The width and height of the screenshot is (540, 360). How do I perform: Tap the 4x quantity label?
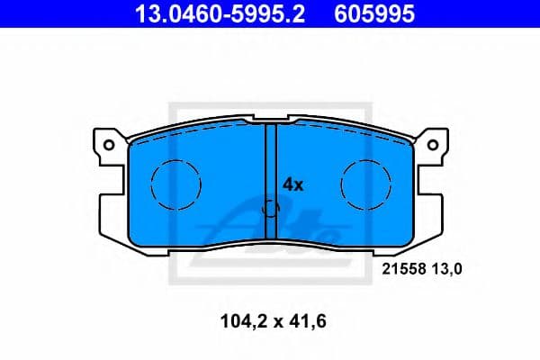click(x=294, y=184)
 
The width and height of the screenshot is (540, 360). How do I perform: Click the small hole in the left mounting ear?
click(x=109, y=143)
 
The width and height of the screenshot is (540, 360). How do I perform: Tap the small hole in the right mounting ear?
click(x=432, y=143)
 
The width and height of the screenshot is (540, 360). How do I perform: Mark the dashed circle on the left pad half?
click(x=171, y=185)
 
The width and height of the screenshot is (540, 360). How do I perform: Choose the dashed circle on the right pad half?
click(x=365, y=185)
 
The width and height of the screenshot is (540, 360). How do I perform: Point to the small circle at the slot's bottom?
click(x=270, y=211)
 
